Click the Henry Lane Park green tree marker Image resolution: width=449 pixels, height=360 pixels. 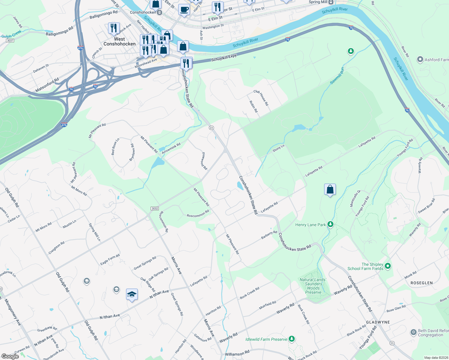[330, 224]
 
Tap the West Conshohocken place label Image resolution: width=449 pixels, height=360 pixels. [119, 41]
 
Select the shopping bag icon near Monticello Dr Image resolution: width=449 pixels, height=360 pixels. [330, 190]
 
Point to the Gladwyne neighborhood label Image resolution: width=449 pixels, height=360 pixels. [378, 322]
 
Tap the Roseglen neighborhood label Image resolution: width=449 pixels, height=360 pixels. [421, 283]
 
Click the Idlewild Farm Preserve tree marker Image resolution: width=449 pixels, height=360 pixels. [291, 339]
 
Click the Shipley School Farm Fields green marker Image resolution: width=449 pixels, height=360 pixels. [387, 266]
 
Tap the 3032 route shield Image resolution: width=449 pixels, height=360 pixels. [155, 208]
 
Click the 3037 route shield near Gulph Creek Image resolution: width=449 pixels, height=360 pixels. [10, 40]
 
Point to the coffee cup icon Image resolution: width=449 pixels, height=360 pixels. [184, 9]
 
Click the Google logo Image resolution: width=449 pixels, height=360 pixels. [10, 356]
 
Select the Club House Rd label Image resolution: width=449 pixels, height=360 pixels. [261, 97]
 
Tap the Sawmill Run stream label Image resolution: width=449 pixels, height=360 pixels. [337, 76]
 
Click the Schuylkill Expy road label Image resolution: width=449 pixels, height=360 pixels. [224, 58]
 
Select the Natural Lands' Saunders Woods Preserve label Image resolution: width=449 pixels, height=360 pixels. [313, 286]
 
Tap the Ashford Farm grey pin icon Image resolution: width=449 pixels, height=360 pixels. [420, 59]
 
